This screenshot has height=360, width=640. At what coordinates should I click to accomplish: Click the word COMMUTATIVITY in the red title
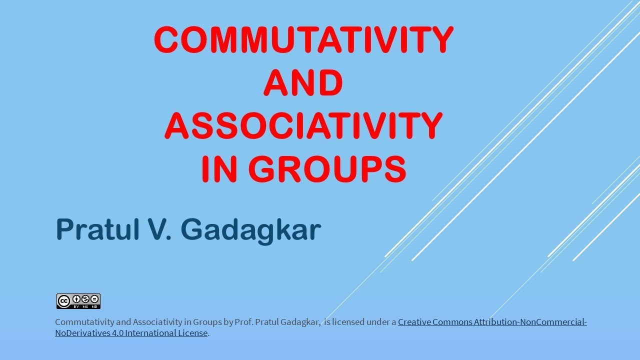(303, 40)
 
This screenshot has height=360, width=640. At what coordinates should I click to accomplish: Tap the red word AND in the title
(303, 83)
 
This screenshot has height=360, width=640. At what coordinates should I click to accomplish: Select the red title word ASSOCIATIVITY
(303, 126)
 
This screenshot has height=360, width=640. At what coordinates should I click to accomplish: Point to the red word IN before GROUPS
(218, 169)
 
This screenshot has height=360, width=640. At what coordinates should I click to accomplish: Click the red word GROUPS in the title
(327, 169)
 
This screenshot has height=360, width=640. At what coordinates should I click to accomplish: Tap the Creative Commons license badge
(78, 301)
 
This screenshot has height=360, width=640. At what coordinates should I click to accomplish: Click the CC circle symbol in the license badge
(63, 301)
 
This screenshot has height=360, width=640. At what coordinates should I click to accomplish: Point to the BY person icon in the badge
(76, 299)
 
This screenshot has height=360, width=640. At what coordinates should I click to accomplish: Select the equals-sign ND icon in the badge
(94, 299)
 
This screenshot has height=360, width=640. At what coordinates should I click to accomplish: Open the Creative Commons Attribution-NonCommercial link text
(492, 322)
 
